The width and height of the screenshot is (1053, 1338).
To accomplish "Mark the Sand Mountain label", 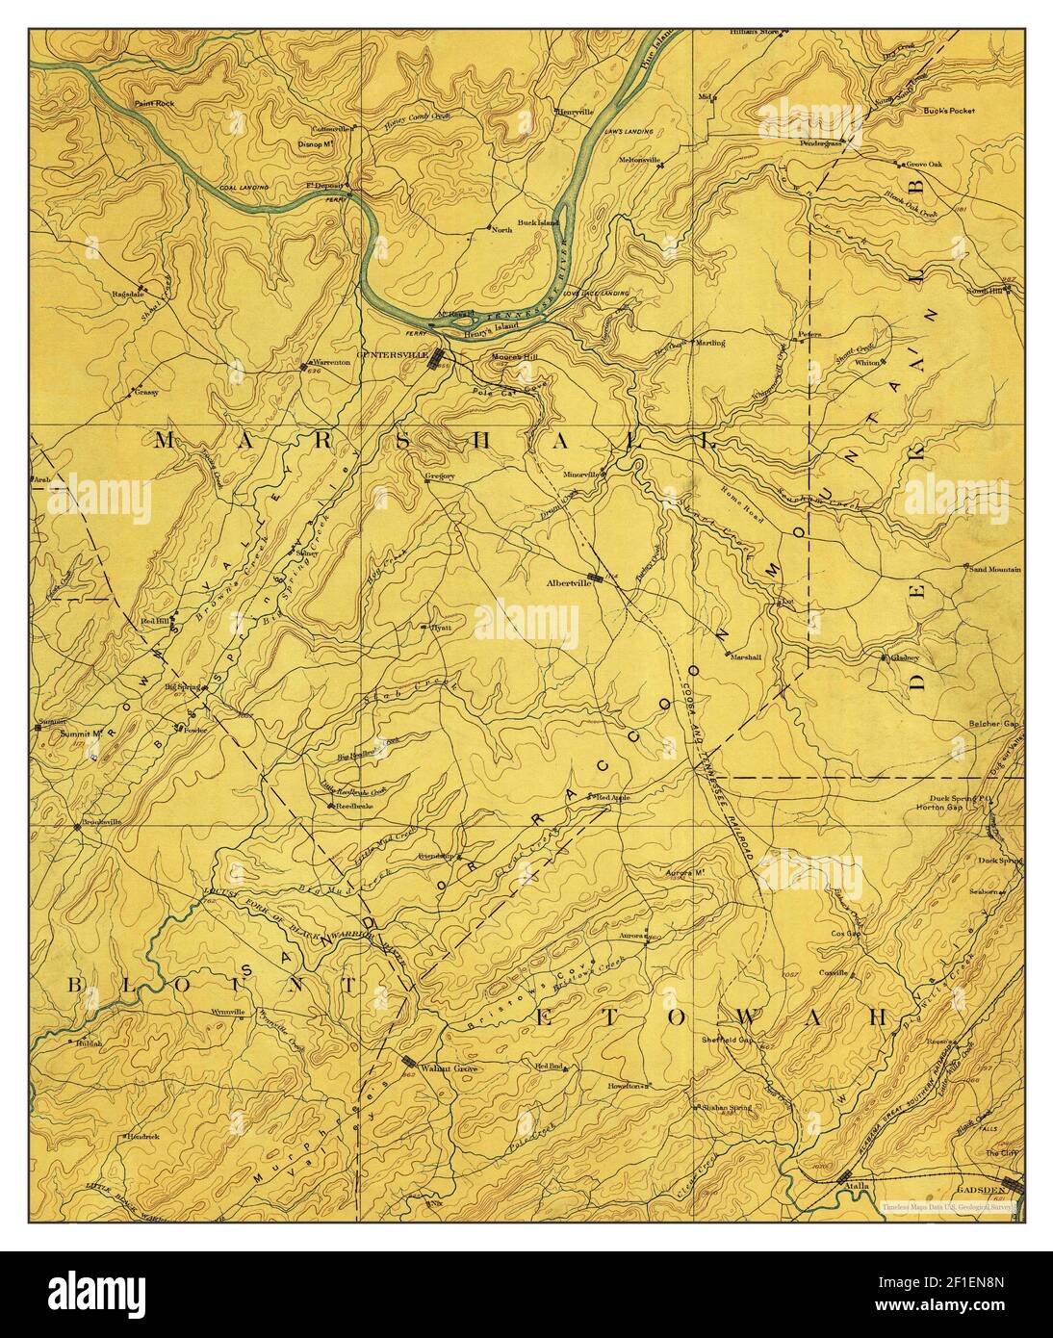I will [994, 570].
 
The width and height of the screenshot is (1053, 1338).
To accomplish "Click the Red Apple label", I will [615, 799].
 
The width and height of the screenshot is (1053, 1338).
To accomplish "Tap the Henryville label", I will [576, 112].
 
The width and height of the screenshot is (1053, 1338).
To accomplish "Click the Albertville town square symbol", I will [598, 579].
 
